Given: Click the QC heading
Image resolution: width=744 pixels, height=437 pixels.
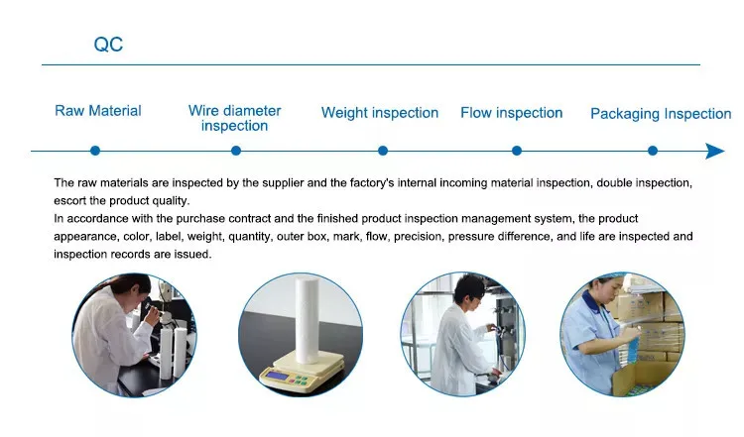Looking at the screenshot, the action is click(108, 45).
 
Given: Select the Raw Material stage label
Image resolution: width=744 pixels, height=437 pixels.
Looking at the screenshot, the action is click(98, 111).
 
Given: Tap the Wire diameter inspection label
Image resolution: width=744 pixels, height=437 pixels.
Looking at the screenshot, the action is click(234, 118).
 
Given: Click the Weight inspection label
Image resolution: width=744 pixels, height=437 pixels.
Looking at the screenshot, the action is click(380, 113).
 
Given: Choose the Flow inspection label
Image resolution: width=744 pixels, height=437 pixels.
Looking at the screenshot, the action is click(512, 113).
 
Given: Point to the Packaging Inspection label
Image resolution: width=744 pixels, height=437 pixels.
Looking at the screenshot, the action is click(661, 114).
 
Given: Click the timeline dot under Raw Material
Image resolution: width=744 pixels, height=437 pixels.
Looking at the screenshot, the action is click(95, 151).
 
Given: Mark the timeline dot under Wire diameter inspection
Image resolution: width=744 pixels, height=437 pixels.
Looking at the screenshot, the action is click(236, 151).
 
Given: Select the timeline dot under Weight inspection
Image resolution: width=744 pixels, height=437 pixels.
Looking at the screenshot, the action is click(383, 151).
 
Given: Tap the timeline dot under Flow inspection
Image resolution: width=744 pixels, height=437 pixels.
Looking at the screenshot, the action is click(517, 151).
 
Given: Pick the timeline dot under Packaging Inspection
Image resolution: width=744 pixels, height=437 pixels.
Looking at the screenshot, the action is click(653, 151).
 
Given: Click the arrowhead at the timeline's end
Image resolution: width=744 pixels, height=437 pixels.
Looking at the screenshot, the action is click(715, 152).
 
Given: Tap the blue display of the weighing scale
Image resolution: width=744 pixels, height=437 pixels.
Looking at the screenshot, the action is click(277, 376).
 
